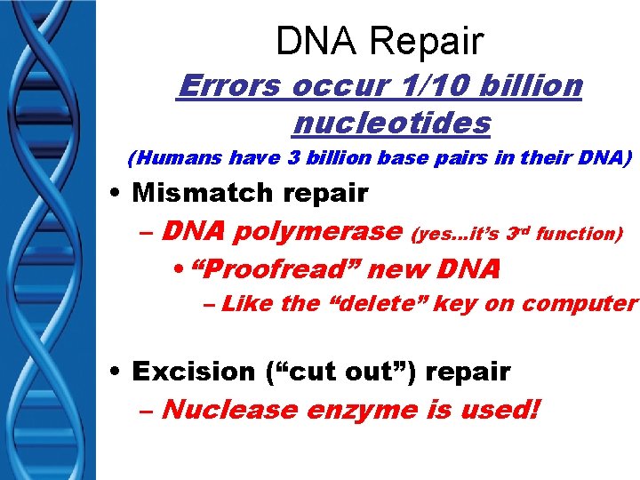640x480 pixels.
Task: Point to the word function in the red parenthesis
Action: [x=582, y=234]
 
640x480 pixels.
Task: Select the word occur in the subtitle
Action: [x=328, y=85]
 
